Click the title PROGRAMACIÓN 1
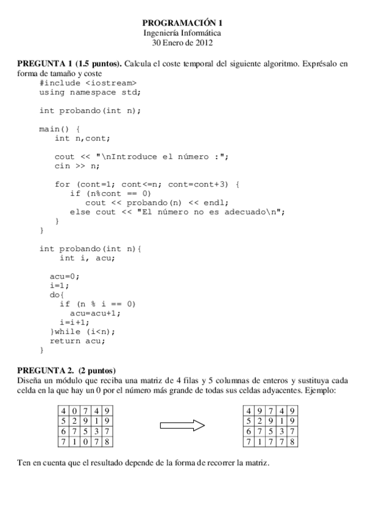click(x=182, y=23)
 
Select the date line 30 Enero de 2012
click(x=182, y=42)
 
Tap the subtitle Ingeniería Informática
click(x=182, y=32)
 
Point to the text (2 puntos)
click(x=97, y=371)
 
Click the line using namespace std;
click(x=90, y=92)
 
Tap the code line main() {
click(x=60, y=129)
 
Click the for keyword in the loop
click(x=62, y=184)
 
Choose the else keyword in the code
click(x=80, y=212)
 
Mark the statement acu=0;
click(x=65, y=276)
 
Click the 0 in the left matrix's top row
click(x=74, y=410)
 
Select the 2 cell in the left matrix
click(x=74, y=421)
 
